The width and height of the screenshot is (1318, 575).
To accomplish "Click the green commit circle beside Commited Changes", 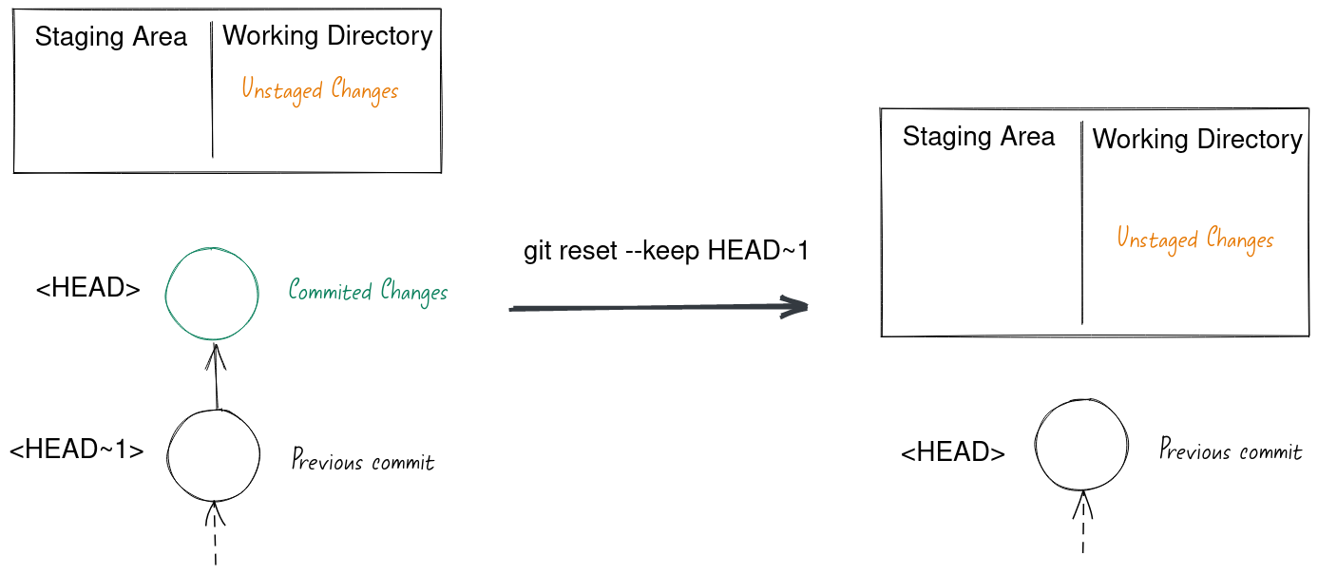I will coord(213,294).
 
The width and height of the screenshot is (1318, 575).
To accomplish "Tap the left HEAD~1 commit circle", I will coord(214,455).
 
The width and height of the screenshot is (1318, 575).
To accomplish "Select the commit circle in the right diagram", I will coord(1082,445).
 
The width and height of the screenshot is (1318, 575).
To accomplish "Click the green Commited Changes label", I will coord(368,291).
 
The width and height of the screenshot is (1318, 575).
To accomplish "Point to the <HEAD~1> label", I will coord(76,450).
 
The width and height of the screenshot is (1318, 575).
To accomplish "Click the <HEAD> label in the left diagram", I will coord(88,288).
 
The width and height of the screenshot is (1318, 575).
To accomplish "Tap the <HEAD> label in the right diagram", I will coord(952,452).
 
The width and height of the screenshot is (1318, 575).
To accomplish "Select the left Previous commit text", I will coord(362,462).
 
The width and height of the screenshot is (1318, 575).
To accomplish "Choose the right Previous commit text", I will coord(1230,450).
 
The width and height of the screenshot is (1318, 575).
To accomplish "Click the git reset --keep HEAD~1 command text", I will coord(666,251).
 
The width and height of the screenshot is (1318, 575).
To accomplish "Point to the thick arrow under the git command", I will coord(658,307).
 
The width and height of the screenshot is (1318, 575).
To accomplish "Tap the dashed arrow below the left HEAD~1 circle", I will coord(216,533).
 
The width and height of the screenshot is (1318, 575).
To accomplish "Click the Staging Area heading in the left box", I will coord(111,38).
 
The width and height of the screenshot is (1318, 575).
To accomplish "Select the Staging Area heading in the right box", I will coord(978,137).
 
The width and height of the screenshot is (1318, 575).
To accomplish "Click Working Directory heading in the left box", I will coord(327,36).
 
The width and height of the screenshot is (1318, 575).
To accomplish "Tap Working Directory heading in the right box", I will coord(1196,140).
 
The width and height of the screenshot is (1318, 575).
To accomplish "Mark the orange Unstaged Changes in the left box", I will coord(319,91).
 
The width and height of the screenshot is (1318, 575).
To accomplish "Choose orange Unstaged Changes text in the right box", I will coord(1194,239).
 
